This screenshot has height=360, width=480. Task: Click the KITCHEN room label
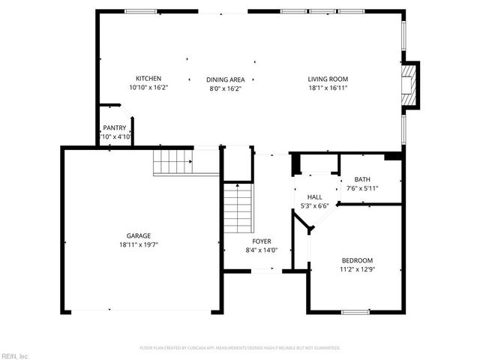tap(148, 79)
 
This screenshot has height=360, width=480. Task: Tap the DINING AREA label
tap(226, 79)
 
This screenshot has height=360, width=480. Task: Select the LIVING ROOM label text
tap(328, 79)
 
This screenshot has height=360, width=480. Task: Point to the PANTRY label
tap(115, 127)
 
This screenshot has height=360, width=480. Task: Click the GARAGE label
tap(138, 235)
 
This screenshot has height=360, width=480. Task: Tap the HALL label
tap(315, 196)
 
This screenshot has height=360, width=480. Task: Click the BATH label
tap(362, 179)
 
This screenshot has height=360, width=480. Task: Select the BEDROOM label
tap(357, 260)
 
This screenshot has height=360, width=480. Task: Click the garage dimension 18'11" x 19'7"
tap(138, 244)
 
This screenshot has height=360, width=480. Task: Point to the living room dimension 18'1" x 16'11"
tap(328, 88)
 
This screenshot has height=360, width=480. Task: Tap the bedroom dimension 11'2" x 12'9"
tap(357, 269)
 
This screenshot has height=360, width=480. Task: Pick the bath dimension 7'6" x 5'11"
tap(362, 188)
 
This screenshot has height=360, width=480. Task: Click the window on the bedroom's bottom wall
tap(355, 311)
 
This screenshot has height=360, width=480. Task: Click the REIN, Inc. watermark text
tap(14, 355)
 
